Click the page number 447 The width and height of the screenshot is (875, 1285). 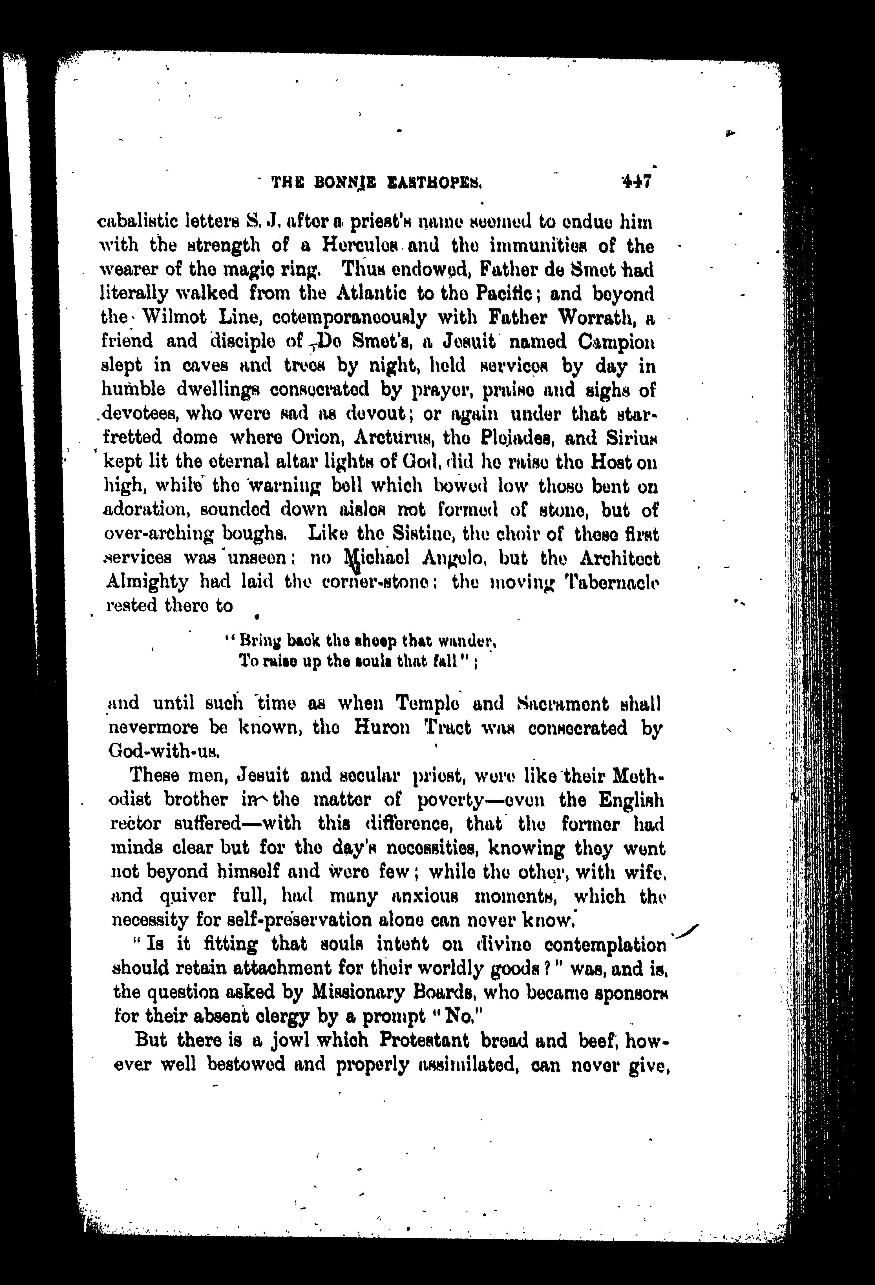tap(637, 182)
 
